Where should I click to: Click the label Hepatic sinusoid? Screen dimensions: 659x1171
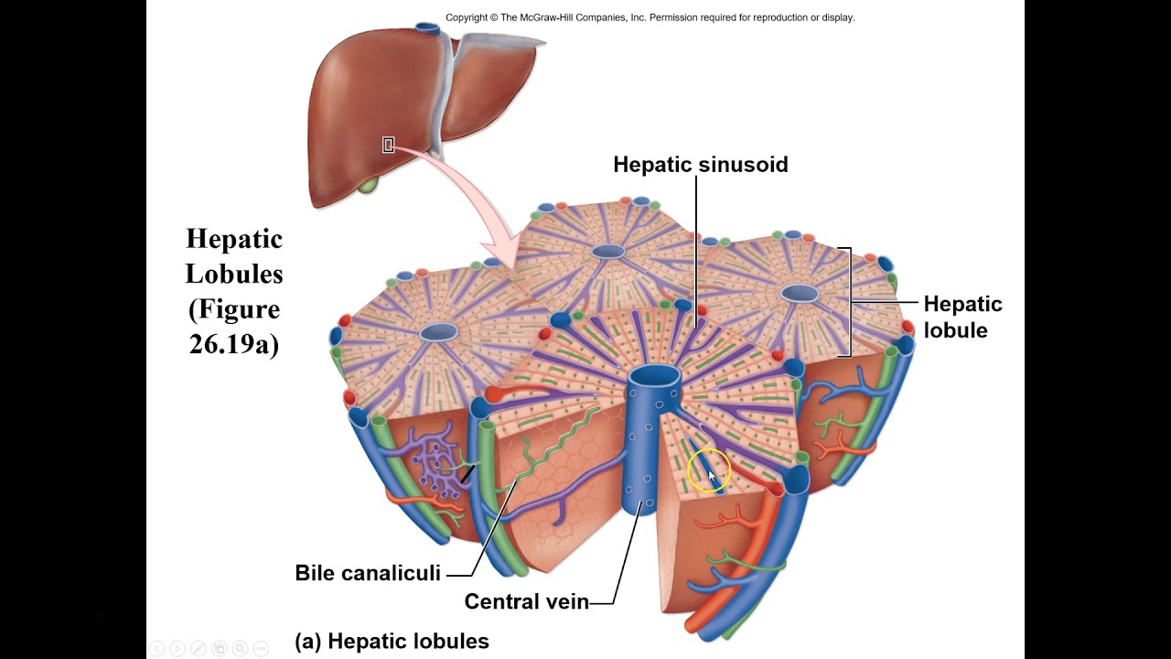(x=700, y=165)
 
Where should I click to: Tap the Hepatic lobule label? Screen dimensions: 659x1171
(x=962, y=317)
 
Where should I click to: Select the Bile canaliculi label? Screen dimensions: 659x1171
(x=368, y=573)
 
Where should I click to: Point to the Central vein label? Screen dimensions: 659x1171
(x=526, y=601)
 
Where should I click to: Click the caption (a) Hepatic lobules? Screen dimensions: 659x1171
(x=392, y=642)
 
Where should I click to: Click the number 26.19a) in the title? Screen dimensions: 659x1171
(x=234, y=344)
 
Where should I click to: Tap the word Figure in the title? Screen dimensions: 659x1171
(x=234, y=308)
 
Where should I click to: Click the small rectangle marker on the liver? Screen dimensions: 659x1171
(x=388, y=145)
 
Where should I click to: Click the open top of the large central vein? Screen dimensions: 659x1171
(x=654, y=375)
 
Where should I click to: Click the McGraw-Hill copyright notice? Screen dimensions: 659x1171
(x=650, y=17)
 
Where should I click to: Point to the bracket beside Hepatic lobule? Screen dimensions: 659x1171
(x=848, y=301)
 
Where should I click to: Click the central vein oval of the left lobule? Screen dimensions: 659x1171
(x=439, y=332)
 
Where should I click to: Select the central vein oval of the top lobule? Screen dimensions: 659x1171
(x=607, y=252)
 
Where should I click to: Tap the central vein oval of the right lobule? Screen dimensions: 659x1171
(x=800, y=293)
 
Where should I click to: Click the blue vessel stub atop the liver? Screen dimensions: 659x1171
(x=427, y=29)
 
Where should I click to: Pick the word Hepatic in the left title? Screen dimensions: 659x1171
(x=234, y=239)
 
